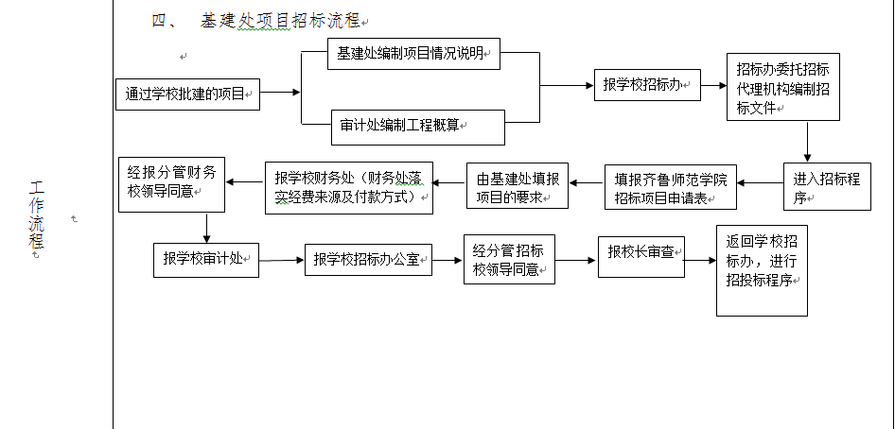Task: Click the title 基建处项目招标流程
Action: [280, 21]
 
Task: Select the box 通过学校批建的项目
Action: [187, 94]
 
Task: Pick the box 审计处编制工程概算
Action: [417, 127]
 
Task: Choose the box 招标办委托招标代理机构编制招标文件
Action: [782, 86]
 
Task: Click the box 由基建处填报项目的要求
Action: [517, 186]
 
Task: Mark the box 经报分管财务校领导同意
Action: [172, 183]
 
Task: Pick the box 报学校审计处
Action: [205, 259]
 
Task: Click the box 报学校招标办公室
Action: [368, 259]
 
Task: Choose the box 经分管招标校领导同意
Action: [509, 259]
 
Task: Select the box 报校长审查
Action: [641, 252]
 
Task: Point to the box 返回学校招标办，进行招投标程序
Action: [762, 270]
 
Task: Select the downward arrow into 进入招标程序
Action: [808, 142]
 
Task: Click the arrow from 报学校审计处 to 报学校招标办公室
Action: [281, 260]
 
